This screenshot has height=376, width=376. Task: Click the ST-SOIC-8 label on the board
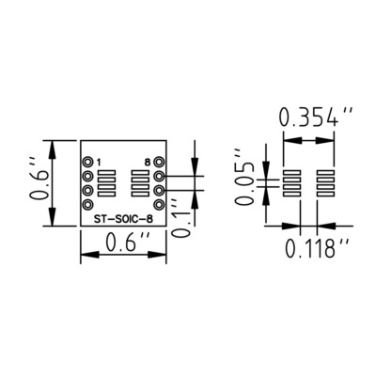(x=124, y=220)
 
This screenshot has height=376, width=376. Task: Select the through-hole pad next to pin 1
(x=88, y=162)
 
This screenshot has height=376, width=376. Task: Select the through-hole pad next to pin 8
(x=160, y=162)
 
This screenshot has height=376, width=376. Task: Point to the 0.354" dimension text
(x=317, y=119)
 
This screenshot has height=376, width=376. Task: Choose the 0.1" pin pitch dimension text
(x=180, y=226)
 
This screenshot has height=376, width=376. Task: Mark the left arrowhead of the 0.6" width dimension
(x=85, y=254)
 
